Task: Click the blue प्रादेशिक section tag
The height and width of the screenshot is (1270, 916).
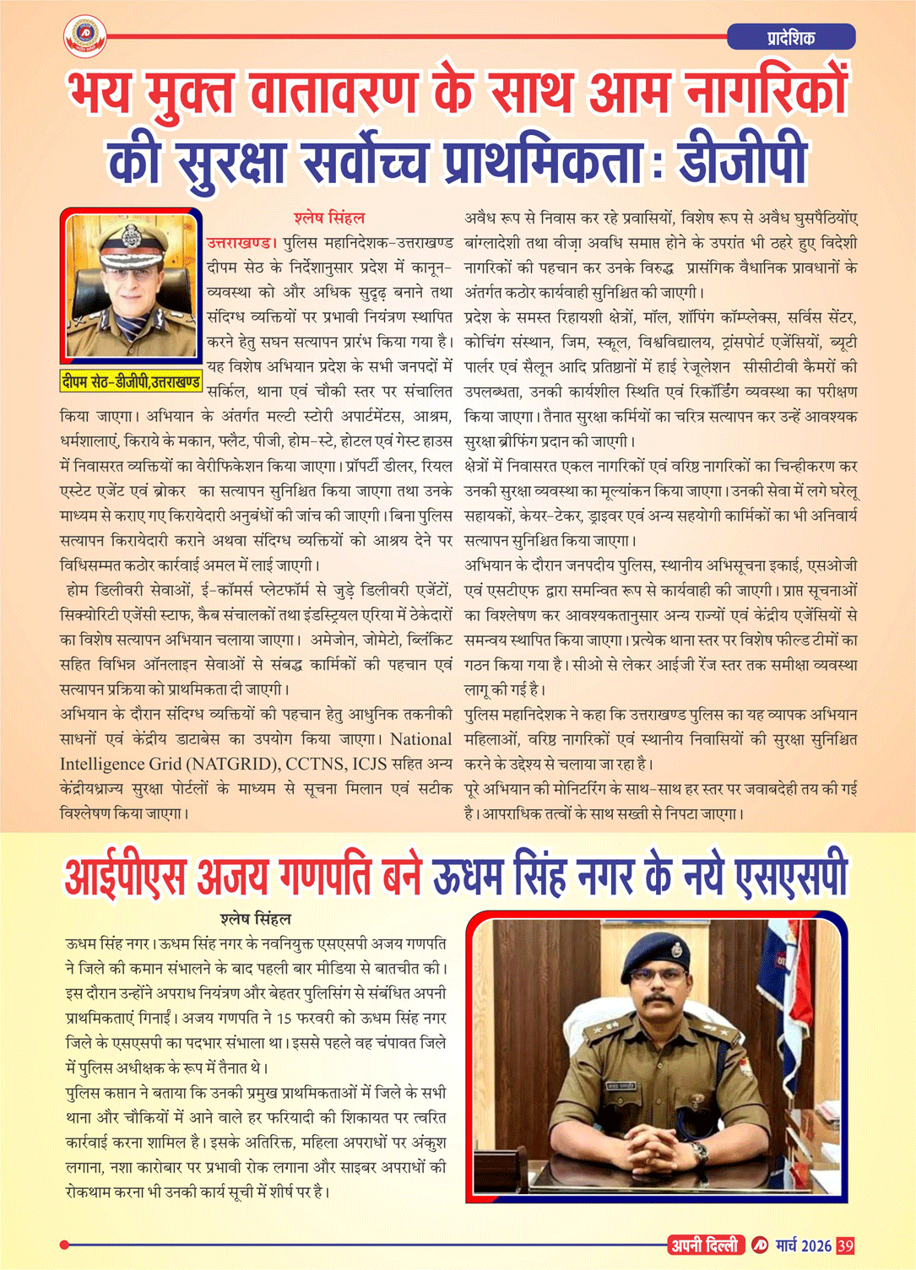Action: [791, 37]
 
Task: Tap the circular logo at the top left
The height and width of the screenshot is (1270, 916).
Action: [84, 35]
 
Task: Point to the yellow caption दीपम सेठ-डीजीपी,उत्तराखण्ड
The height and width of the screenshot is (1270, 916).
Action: [131, 382]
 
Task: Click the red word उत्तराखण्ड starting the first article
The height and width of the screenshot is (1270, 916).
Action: [241, 243]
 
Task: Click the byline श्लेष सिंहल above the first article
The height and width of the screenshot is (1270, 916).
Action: [329, 219]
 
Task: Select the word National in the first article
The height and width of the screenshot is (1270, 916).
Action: [420, 739]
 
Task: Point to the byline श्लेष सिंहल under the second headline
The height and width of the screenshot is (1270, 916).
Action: [255, 919]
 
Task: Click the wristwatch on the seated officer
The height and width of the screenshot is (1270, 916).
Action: [699, 1151]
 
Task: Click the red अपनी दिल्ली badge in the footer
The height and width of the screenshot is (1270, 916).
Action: [705, 1246]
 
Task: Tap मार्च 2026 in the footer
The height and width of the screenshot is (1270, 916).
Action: [804, 1246]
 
